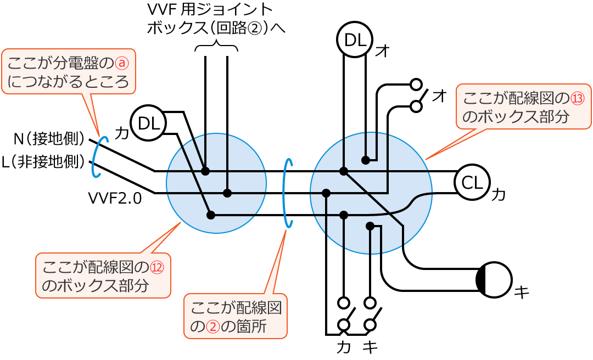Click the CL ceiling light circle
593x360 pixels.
(472, 182)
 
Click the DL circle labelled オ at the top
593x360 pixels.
(355, 40)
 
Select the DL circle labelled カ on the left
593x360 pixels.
(148, 123)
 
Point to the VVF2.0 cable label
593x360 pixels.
(115, 198)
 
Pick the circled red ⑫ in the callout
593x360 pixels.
(157, 267)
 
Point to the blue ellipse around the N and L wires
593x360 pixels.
(96, 157)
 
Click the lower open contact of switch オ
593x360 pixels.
(416, 106)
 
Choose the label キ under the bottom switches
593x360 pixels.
(371, 348)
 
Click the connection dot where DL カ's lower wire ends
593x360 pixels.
(211, 215)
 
